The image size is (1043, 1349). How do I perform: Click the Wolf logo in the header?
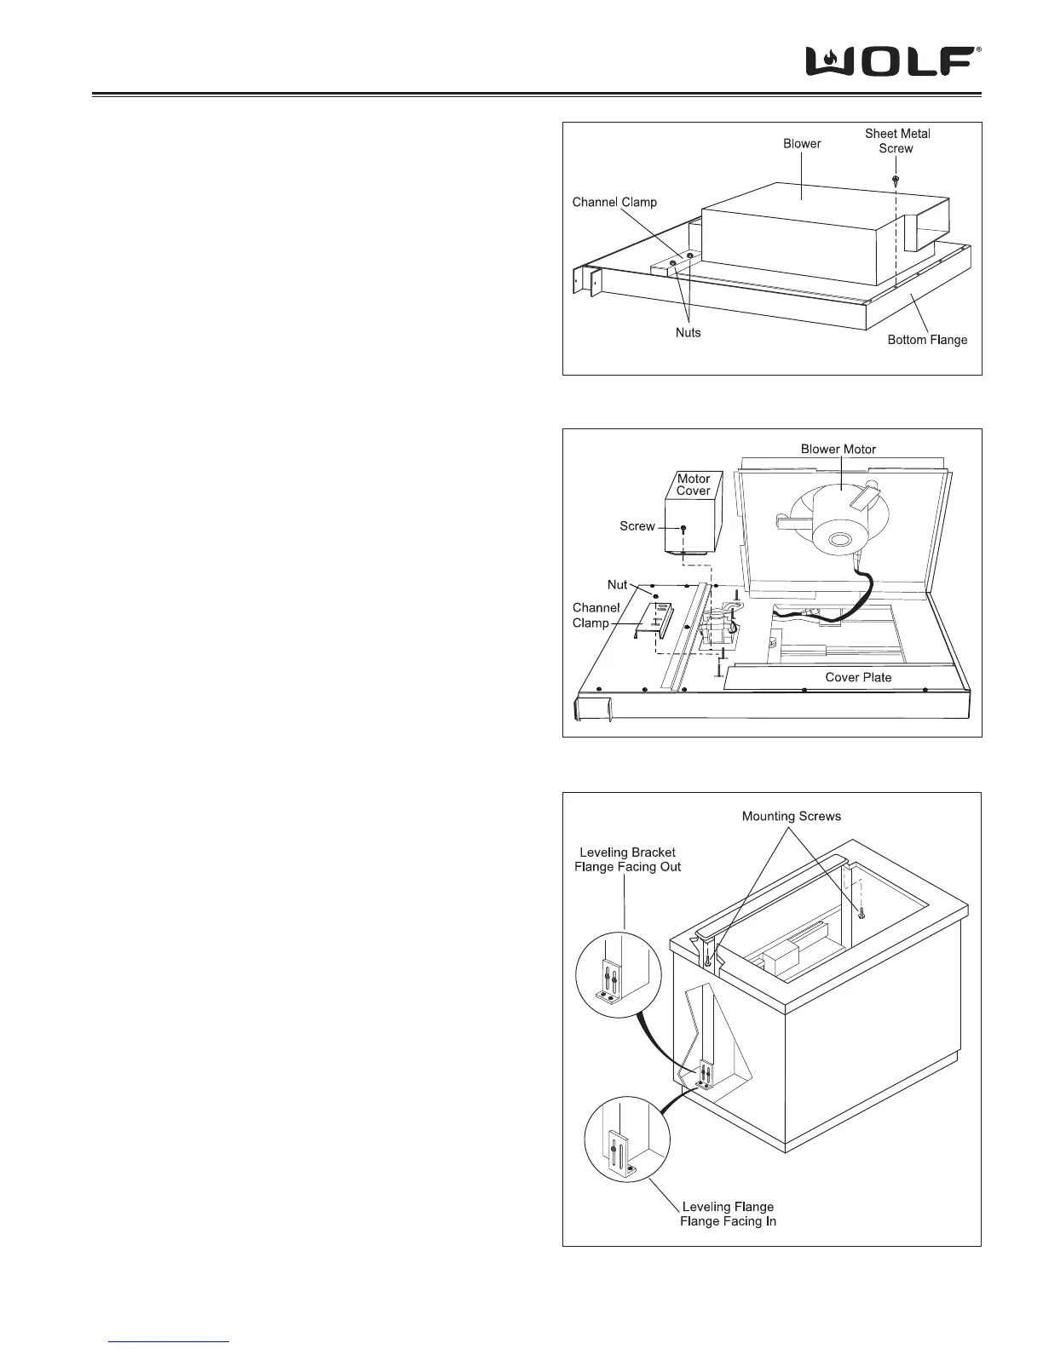point(893,61)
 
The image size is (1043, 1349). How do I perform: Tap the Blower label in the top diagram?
point(802,144)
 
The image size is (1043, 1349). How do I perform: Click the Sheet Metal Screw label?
point(897,141)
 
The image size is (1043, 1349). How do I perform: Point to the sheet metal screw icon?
point(896,181)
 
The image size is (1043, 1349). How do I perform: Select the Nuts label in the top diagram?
point(688,332)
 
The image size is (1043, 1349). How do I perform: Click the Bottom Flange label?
point(927,340)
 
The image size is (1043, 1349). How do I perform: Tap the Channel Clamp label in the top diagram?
point(614,203)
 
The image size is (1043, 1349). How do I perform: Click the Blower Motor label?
point(838,449)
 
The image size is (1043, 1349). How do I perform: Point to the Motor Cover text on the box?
point(694,485)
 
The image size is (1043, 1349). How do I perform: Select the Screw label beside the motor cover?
point(637,526)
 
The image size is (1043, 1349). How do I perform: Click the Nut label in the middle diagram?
point(617,585)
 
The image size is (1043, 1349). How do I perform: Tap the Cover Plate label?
point(858,677)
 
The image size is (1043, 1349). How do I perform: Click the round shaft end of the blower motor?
point(838,539)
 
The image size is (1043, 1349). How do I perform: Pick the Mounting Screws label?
point(791,816)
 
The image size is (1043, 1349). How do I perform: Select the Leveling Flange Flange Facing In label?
point(728,1214)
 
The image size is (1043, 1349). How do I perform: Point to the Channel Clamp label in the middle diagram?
point(596,615)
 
